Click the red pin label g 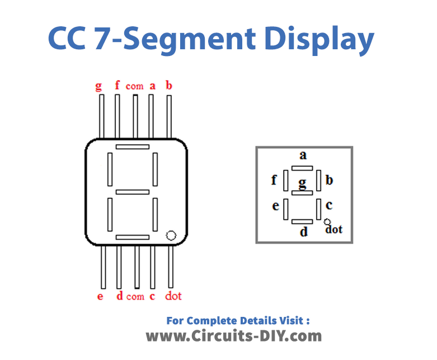pyautogui.click(x=98, y=86)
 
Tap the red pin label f pyautogui.click(x=117, y=85)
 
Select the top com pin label pyautogui.click(x=134, y=86)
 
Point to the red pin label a pyautogui.click(x=152, y=86)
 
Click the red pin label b pyautogui.click(x=169, y=85)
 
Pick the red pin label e pyautogui.click(x=100, y=296)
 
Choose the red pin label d pyautogui.click(x=119, y=296)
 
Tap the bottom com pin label pyautogui.click(x=135, y=296)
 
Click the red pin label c pyautogui.click(x=152, y=296)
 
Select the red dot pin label pyautogui.click(x=173, y=296)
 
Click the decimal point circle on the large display pyautogui.click(x=171, y=236)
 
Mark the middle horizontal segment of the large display pyautogui.click(x=133, y=192)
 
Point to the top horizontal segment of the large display pyautogui.click(x=133, y=147)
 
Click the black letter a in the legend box pyautogui.click(x=303, y=155)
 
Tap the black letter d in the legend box pyautogui.click(x=304, y=232)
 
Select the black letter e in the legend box pyautogui.click(x=275, y=207)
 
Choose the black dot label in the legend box pyautogui.click(x=334, y=229)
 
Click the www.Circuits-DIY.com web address pyautogui.click(x=234, y=336)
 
